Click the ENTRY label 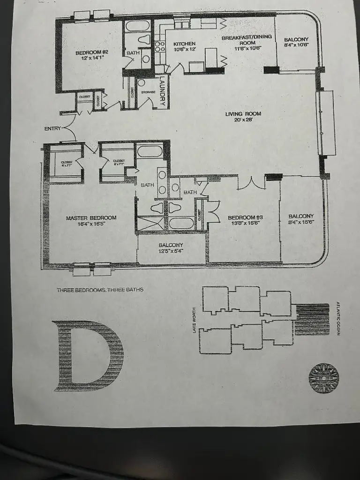(52, 128)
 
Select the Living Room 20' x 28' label (243, 117)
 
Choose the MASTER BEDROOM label (91, 221)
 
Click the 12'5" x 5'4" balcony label (171, 248)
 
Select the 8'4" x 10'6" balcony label (296, 42)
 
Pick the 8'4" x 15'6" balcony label (300, 219)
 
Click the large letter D (88, 355)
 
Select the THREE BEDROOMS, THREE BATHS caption (100, 290)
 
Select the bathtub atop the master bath (150, 151)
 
